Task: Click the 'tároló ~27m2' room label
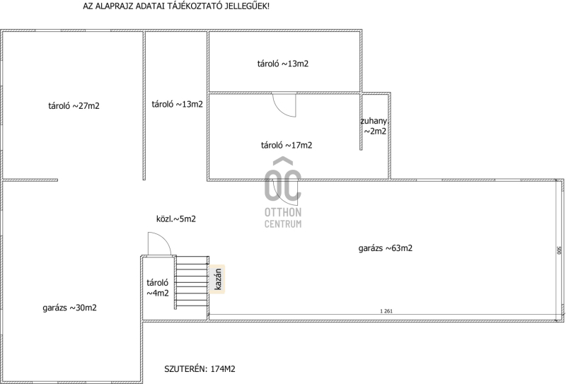pos(74,106)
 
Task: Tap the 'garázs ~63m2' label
pos(386,248)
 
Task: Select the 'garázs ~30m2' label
pos(69,308)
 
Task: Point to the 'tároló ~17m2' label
pos(287,145)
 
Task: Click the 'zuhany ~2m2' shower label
pos(374,126)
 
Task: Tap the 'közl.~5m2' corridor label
pos(176,219)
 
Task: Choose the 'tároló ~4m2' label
pos(158,288)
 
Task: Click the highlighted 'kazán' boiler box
pos(217,279)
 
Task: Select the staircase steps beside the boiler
pos(192,281)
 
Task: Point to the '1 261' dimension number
pos(386,311)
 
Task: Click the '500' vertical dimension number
pos(559,250)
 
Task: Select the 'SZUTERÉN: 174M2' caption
pos(200,369)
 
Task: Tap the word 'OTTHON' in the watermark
pos(283,212)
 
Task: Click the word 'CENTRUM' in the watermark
pos(283,224)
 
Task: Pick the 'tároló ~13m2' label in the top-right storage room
pos(283,64)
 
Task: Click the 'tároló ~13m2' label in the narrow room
pos(178,104)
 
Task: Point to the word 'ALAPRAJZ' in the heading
pos(115,6)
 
